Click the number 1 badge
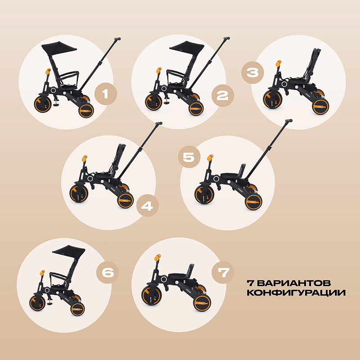pyautogui.click(x=106, y=94)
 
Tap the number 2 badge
pyautogui.click(x=222, y=95)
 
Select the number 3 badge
pyautogui.click(x=252, y=72)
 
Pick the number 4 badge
pyautogui.click(x=148, y=206)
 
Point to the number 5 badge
pyautogui.click(x=189, y=157)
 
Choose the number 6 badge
pyautogui.click(x=108, y=273)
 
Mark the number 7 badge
pyautogui.click(x=223, y=273)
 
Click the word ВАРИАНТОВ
pyautogui.click(x=294, y=283)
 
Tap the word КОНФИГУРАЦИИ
pyautogui.click(x=296, y=293)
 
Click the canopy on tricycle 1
pyautogui.click(x=59, y=48)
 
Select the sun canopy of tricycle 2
pyautogui.click(x=187, y=48)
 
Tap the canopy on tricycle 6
pyautogui.click(x=69, y=251)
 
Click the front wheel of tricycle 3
pyautogui.click(x=273, y=99)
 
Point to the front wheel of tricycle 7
pyautogui.click(x=151, y=296)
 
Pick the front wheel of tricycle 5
pyautogui.click(x=204, y=194)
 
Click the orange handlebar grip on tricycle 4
pyautogui.click(x=85, y=158)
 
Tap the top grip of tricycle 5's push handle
pyautogui.click(x=288, y=121)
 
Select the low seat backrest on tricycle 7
pyautogui.click(x=191, y=269)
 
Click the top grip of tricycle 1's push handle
pyautogui.click(x=117, y=39)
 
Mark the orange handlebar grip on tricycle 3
pyautogui.click(x=279, y=63)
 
